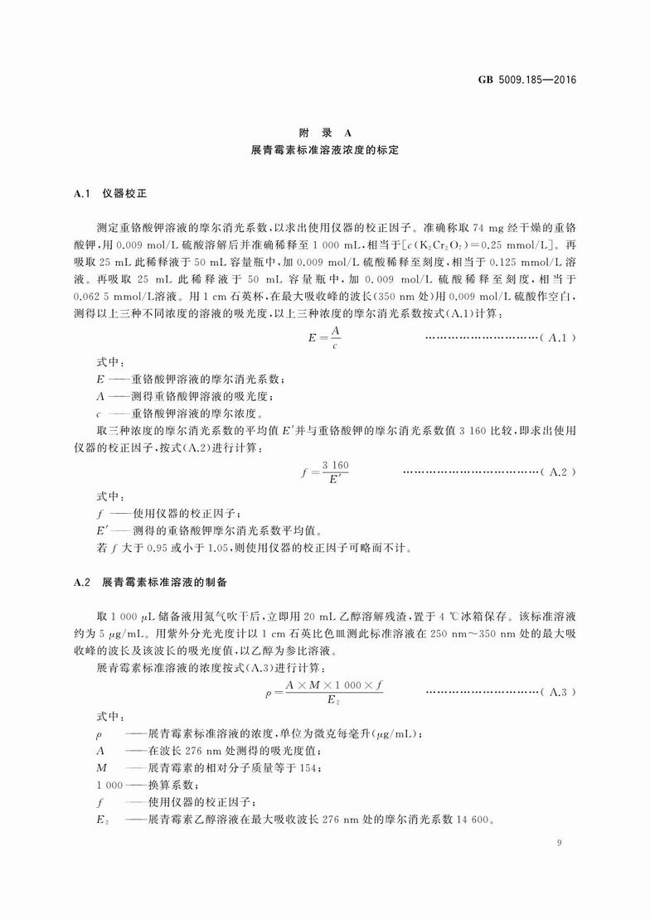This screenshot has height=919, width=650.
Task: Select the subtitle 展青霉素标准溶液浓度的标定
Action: (325, 152)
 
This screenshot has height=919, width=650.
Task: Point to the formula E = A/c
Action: (325, 337)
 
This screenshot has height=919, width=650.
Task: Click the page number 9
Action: (560, 843)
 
